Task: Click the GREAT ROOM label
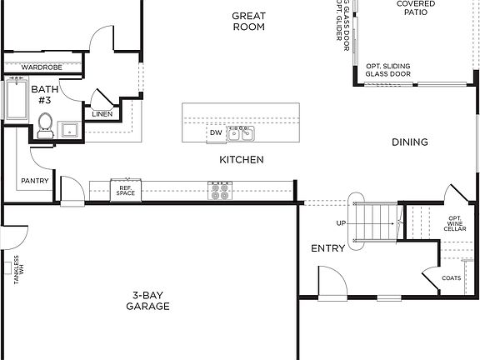click(x=248, y=21)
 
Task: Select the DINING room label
click(x=410, y=142)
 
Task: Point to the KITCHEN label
click(x=242, y=159)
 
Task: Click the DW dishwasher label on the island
click(x=216, y=132)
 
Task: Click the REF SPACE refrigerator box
click(x=126, y=190)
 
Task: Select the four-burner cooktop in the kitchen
click(x=221, y=191)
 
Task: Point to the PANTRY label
click(x=34, y=181)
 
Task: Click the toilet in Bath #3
click(x=45, y=124)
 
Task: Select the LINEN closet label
click(x=102, y=114)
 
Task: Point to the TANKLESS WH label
click(x=16, y=272)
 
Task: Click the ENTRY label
click(x=327, y=248)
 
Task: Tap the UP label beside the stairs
click(x=341, y=223)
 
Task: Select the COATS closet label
click(x=451, y=278)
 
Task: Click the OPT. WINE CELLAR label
click(x=456, y=223)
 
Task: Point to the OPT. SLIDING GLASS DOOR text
click(x=388, y=70)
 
